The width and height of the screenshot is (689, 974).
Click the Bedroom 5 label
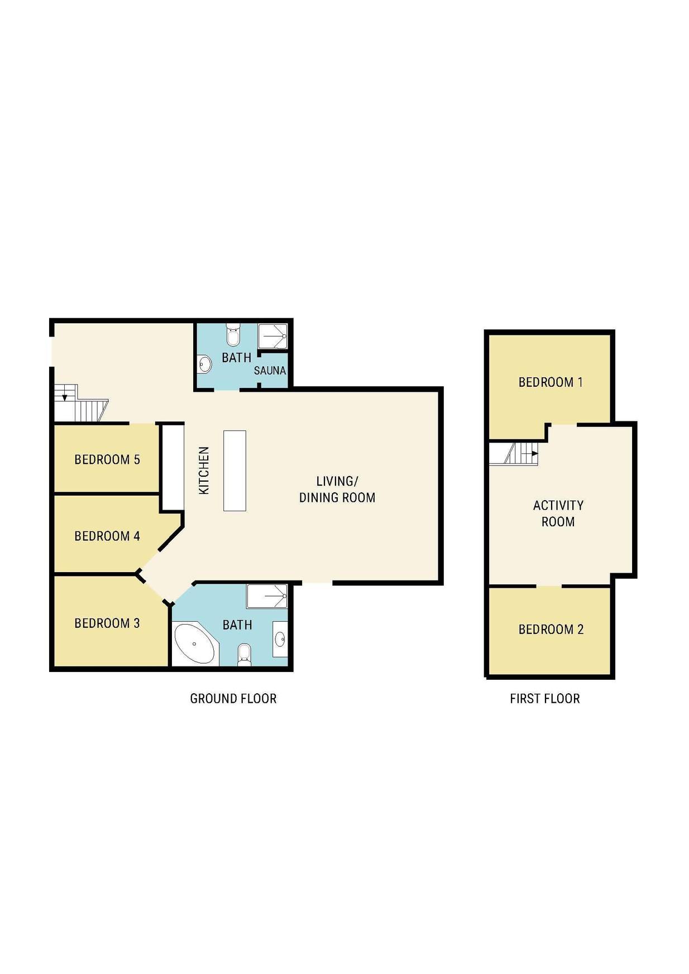(107, 459)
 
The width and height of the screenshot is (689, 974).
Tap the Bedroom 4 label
(107, 536)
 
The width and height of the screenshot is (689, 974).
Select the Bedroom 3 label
(107, 623)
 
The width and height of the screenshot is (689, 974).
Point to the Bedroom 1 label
(551, 382)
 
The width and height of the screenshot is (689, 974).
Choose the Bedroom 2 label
(551, 630)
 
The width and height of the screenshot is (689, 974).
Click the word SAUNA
(270, 371)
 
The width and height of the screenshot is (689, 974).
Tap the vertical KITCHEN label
(204, 470)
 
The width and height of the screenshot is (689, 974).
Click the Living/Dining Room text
(337, 489)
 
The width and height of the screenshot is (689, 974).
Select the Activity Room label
(558, 514)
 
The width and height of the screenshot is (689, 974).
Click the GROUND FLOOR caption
(233, 698)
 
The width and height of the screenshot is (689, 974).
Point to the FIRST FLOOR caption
(545, 698)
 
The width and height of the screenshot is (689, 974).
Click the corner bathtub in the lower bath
(195, 645)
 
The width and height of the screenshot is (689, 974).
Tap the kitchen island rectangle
(235, 471)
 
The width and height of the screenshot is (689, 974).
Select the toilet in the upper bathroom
(233, 335)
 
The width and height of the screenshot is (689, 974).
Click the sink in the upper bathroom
(205, 364)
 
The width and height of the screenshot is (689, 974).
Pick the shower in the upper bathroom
(272, 336)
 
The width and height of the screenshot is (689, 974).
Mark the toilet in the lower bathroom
(244, 655)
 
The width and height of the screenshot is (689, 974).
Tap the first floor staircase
(514, 453)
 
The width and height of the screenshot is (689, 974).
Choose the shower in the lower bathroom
(267, 596)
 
